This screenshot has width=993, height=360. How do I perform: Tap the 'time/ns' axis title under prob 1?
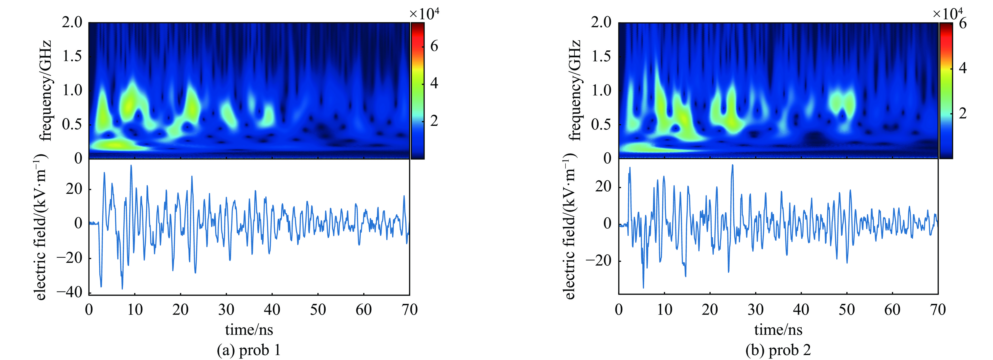[x=249, y=330]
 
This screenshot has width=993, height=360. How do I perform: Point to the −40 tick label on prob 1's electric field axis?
[x=69, y=292]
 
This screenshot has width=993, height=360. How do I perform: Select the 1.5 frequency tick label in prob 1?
[x=72, y=57]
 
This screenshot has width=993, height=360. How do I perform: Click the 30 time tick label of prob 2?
[x=756, y=310]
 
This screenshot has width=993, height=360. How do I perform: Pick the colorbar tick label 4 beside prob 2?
[x=963, y=68]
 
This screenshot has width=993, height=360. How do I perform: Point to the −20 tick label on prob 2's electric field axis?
[x=599, y=261]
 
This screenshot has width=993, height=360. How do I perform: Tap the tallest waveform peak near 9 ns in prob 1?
[x=131, y=166]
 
